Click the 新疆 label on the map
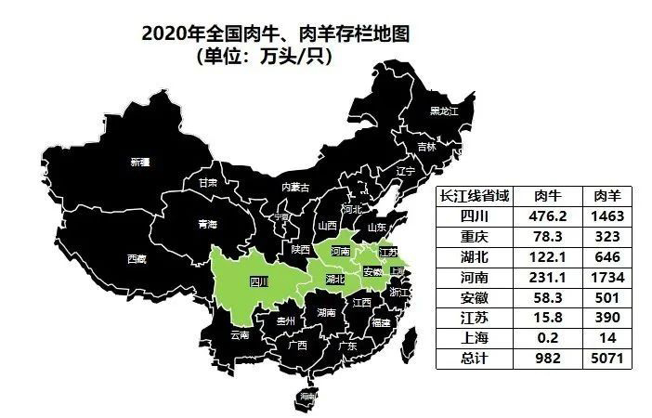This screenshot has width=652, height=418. [140, 162]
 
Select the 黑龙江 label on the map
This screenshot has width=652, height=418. [444, 112]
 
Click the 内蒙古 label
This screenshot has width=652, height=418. [295, 187]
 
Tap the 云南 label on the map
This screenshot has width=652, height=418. [240, 334]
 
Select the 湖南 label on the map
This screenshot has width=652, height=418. [326, 313]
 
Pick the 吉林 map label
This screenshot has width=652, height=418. [426, 147]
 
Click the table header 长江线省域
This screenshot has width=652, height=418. [475, 195]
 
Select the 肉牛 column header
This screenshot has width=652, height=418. [549, 195]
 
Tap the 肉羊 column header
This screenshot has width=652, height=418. [607, 195]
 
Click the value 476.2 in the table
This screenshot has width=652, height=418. [549, 216]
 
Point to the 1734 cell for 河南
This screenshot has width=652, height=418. [607, 277]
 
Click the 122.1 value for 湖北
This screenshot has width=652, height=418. [549, 256]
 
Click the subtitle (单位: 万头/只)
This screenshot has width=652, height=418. [266, 56]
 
